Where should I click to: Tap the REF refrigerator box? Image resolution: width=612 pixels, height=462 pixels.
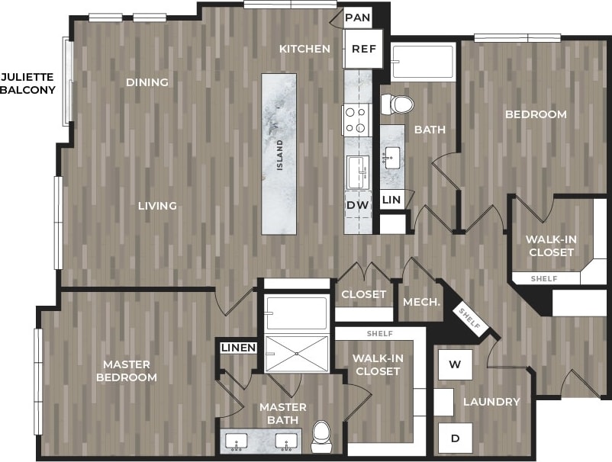pyautogui.click(x=362, y=49)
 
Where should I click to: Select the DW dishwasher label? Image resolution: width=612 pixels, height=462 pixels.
pyautogui.click(x=357, y=204)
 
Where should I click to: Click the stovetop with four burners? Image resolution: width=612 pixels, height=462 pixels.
pyautogui.click(x=356, y=120)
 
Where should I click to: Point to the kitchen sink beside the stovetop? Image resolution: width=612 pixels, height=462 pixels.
pyautogui.click(x=357, y=172)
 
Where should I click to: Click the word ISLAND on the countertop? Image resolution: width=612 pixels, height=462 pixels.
pyautogui.click(x=280, y=155)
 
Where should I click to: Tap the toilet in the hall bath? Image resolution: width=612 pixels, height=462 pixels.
pyautogui.click(x=397, y=104)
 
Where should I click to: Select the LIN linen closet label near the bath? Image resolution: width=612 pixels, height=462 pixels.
pyautogui.click(x=391, y=199)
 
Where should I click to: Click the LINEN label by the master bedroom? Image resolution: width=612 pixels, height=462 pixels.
pyautogui.click(x=238, y=348)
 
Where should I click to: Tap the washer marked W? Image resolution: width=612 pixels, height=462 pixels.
pyautogui.click(x=455, y=364)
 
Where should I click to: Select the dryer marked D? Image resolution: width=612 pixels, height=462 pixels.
pyautogui.click(x=455, y=438)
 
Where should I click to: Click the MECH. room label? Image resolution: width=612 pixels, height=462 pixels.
pyautogui.click(x=421, y=301)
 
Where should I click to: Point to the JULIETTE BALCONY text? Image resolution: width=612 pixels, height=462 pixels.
pyautogui.click(x=27, y=83)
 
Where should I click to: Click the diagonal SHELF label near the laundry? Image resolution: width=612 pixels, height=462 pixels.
pyautogui.click(x=469, y=318)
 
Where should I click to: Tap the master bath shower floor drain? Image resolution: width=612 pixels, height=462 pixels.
pyautogui.click(x=296, y=353)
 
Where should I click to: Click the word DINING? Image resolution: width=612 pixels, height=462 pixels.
pyautogui.click(x=147, y=82)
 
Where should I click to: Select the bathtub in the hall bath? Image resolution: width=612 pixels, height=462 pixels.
pyautogui.click(x=422, y=63)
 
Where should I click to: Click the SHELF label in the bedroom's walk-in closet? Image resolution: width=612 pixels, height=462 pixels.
pyautogui.click(x=545, y=279)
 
